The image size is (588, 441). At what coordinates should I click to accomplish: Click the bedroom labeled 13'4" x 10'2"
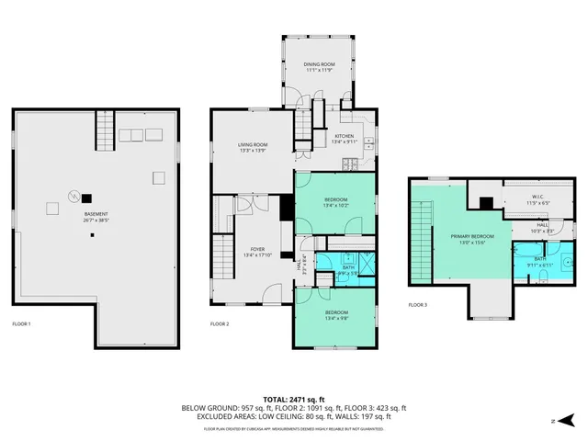[335, 201]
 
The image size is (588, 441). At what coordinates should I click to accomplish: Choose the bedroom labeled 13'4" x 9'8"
[335, 316]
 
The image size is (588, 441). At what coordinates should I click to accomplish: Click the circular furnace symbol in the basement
[72, 195]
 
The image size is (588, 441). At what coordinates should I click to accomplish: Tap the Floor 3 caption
[418, 304]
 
